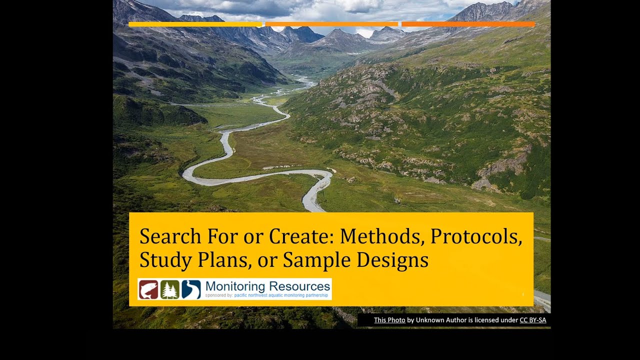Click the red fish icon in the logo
[x=148, y=289]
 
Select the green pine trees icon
[x=170, y=289]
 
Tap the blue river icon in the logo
[x=191, y=289]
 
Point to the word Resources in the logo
[x=299, y=286]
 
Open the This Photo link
[x=389, y=320]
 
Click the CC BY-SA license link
[x=532, y=320]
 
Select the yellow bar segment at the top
[x=195, y=24]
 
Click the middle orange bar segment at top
[x=331, y=24]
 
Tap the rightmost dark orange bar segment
[x=468, y=24]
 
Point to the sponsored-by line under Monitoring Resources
[x=266, y=295]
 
